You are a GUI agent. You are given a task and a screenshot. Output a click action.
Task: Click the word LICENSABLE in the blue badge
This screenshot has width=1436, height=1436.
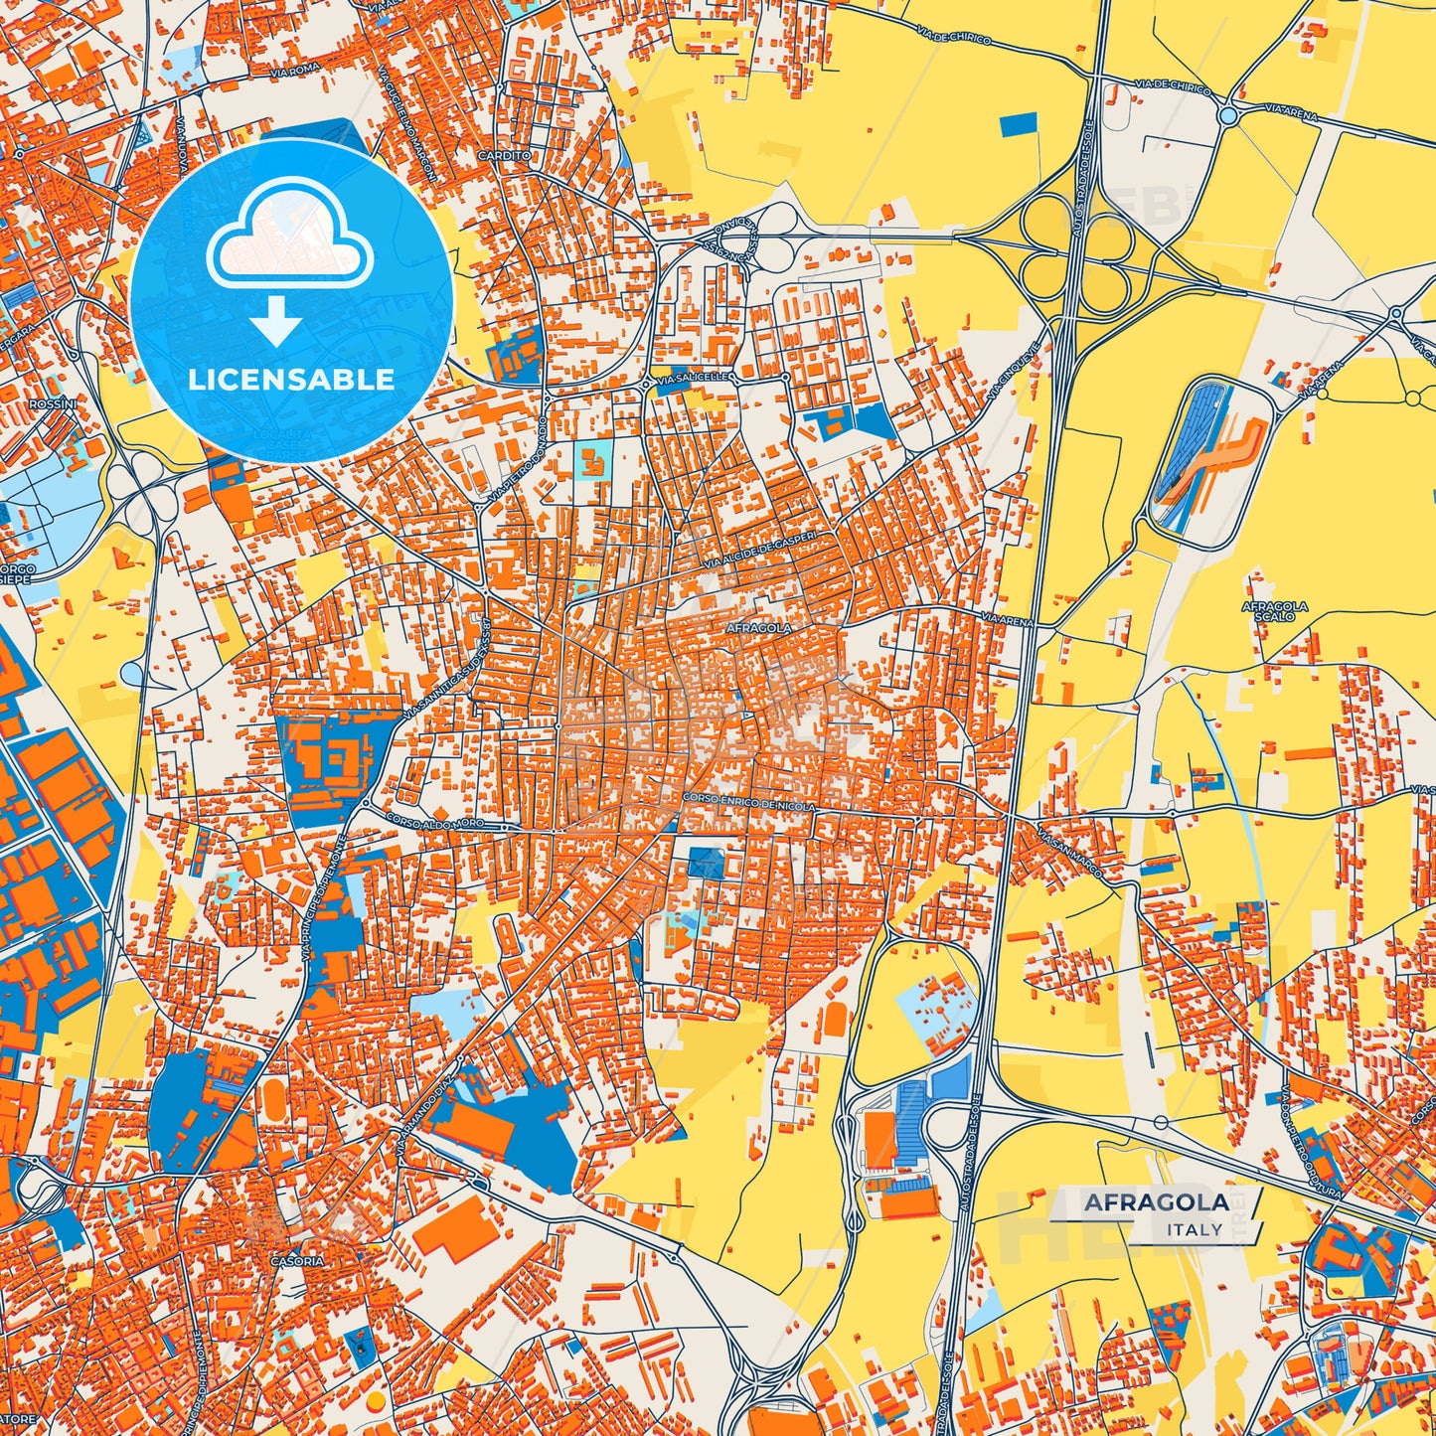point(292,380)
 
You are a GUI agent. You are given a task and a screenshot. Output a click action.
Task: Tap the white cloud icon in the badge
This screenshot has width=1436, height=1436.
point(289,240)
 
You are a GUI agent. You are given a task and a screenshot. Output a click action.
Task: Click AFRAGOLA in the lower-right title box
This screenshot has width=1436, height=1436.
point(1156,1202)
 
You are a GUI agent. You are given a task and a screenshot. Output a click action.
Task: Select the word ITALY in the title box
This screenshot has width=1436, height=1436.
point(1195,1229)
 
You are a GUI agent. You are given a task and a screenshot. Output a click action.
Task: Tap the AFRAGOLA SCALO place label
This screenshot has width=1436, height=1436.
point(1274,611)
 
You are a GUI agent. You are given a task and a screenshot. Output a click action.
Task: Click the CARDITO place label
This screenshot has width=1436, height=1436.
point(504,156)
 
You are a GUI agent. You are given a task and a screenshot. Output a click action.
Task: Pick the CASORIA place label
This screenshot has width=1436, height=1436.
point(296,1261)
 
